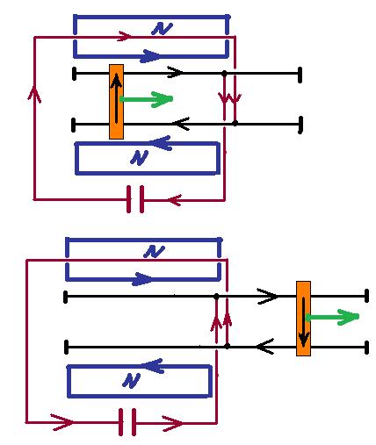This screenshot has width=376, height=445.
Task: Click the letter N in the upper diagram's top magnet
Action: click(x=162, y=29)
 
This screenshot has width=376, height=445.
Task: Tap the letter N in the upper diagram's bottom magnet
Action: click(x=139, y=158)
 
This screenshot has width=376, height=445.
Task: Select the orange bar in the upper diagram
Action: click(x=116, y=102)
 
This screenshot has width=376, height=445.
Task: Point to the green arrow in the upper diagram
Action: click(x=146, y=99)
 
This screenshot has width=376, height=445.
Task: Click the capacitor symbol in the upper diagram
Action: click(x=135, y=199)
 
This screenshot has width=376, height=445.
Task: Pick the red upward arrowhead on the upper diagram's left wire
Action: click(x=34, y=93)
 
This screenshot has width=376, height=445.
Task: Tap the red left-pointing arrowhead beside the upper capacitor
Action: click(x=175, y=200)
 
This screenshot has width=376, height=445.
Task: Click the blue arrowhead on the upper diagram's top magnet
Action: click(x=150, y=56)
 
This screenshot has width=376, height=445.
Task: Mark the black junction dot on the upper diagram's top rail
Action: click(x=224, y=73)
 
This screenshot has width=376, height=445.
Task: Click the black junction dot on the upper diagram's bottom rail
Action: click(x=235, y=123)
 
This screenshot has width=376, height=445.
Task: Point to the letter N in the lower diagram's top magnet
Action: click(x=154, y=252)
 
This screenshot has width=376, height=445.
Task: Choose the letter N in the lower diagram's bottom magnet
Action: click(x=131, y=381)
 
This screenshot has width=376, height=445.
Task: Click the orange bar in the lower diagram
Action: click(x=303, y=319)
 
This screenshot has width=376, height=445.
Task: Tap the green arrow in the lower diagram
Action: click(x=332, y=317)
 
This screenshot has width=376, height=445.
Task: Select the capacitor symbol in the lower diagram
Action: click(x=127, y=422)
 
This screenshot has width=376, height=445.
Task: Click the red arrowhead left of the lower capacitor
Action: click(x=63, y=422)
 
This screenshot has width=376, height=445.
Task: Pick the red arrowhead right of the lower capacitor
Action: click(x=173, y=423)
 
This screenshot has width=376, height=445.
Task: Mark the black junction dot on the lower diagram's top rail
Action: click(x=216, y=297)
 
